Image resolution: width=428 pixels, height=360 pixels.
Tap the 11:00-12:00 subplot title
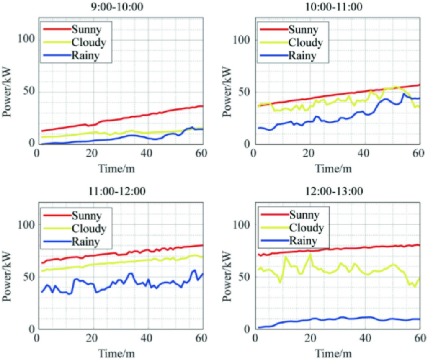(x=120, y=191)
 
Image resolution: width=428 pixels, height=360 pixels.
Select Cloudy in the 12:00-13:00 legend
(x=306, y=228)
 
